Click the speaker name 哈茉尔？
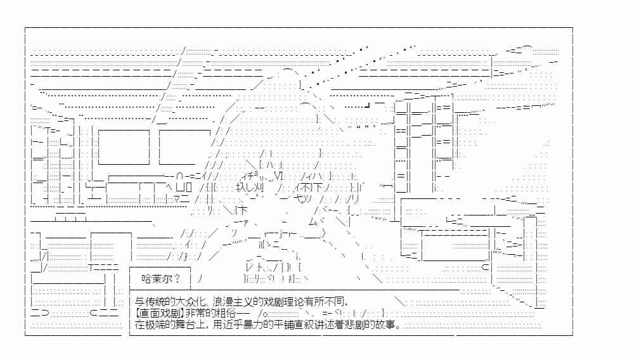(161, 279)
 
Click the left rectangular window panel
(124, 148)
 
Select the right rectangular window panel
(184, 148)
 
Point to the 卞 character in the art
(242, 211)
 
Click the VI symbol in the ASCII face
(278, 176)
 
